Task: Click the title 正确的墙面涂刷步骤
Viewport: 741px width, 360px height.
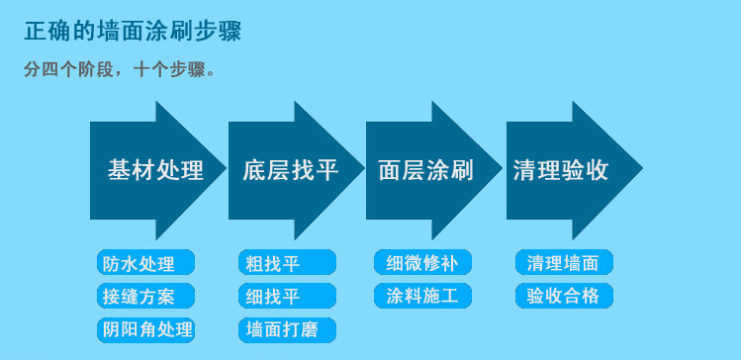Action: pyautogui.click(x=133, y=32)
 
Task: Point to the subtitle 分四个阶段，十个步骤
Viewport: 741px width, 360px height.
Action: pyautogui.click(x=119, y=71)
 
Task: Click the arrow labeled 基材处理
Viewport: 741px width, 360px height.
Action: pyautogui.click(x=153, y=170)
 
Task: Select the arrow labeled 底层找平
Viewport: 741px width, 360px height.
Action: pyautogui.click(x=290, y=170)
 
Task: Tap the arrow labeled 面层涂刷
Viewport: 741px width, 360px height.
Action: pyautogui.click(x=426, y=170)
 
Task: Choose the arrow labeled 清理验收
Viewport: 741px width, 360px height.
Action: pyautogui.click(x=561, y=170)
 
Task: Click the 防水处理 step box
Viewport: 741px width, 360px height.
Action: pyautogui.click(x=145, y=263)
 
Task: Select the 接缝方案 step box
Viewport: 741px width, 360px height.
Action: pyautogui.click(x=145, y=296)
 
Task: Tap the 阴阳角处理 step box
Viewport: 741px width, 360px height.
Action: pyautogui.click(x=145, y=328)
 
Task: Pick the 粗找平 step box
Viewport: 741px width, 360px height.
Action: pyautogui.click(x=286, y=263)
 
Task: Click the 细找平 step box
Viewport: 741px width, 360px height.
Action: pyautogui.click(x=286, y=296)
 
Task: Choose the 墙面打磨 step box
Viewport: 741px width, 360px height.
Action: pyautogui.click(x=286, y=328)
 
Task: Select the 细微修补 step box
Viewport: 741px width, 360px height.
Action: pyautogui.click(x=421, y=263)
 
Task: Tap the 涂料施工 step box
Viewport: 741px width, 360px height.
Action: pyautogui.click(x=421, y=296)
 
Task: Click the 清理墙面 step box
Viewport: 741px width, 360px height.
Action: pyautogui.click(x=563, y=263)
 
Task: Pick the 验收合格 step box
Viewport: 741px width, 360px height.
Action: pyautogui.click(x=563, y=296)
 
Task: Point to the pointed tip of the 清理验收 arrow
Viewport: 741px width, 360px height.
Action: pyautogui.click(x=640, y=169)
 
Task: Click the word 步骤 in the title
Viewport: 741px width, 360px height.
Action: pyautogui.click(x=219, y=32)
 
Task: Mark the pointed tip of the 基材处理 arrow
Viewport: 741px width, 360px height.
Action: pyautogui.click(x=225, y=169)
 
